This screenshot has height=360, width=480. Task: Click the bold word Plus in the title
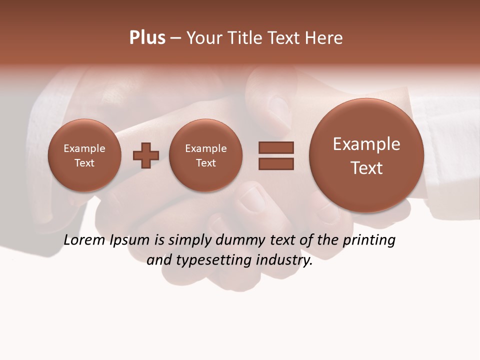coord(147,38)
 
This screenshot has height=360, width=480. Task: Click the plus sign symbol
coord(146,155)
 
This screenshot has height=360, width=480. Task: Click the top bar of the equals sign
coord(276,147)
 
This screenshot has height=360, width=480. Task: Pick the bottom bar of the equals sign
coord(276,163)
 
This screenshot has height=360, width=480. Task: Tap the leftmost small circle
coord(84,155)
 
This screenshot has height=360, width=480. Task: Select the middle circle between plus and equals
coord(206,155)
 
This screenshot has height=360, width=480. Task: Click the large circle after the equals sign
coord(366,155)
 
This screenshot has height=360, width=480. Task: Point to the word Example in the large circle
coord(366,144)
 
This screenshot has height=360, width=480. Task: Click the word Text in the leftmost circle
coord(84,163)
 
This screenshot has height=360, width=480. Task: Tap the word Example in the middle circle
coord(206,148)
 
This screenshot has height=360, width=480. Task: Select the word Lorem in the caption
coord(85,240)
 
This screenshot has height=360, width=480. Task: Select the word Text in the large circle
coord(366,168)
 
